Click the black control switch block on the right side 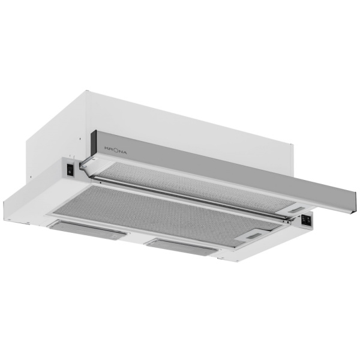(x=306, y=220)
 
